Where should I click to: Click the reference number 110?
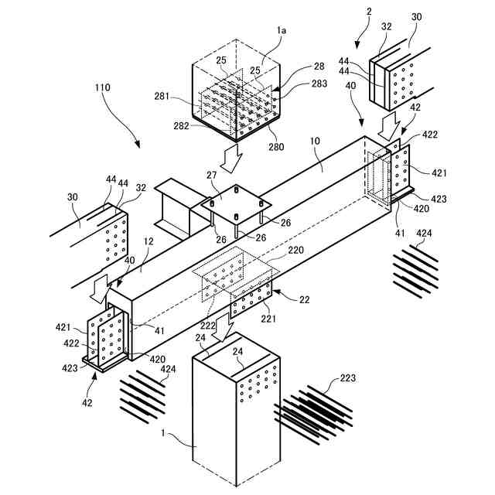coord(102,87)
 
